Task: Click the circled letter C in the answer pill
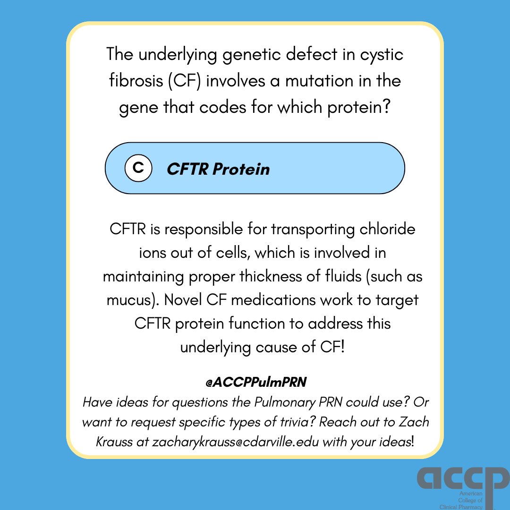(138, 168)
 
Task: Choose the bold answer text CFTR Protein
(218, 169)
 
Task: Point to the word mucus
(128, 300)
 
